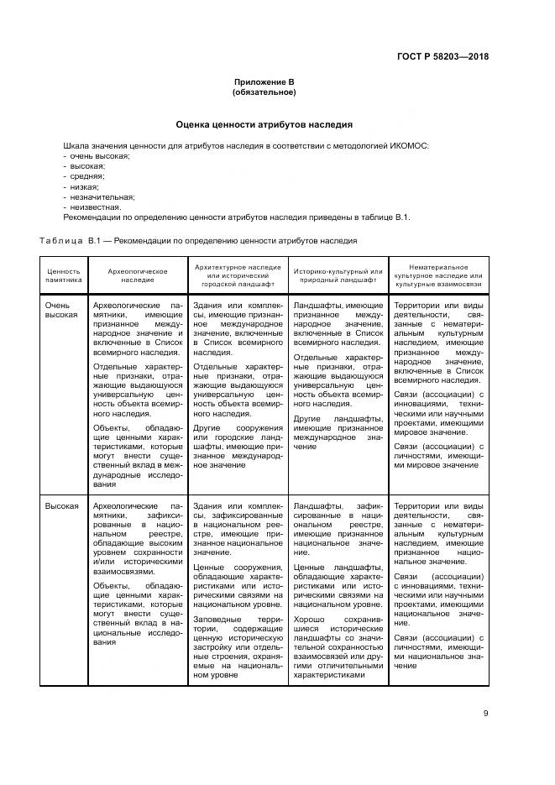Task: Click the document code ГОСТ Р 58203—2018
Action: click(442, 57)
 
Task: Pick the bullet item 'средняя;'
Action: click(86, 176)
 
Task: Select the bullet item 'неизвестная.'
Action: click(94, 207)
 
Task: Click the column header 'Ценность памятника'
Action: click(64, 276)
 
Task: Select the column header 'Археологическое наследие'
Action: click(138, 276)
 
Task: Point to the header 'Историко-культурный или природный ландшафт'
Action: click(338, 276)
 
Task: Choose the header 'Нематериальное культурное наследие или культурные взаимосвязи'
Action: click(438, 276)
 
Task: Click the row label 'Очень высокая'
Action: click(61, 311)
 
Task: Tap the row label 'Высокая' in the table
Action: click(61, 506)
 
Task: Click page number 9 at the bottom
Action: click(486, 714)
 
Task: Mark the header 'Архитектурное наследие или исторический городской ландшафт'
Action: click(238, 276)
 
